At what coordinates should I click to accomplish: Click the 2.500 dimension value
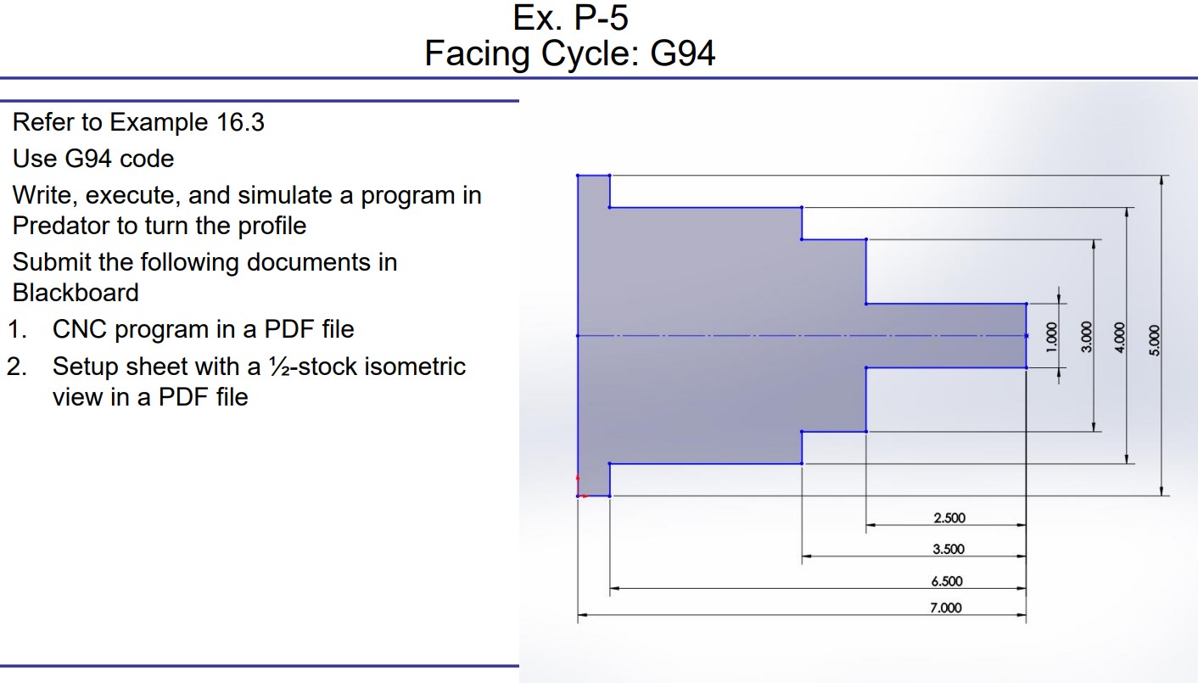point(949,518)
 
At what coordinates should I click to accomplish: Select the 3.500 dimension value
point(949,550)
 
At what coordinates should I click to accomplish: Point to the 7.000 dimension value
point(947,607)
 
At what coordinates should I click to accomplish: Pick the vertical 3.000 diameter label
point(1086,335)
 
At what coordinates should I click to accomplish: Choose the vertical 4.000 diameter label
point(1118,335)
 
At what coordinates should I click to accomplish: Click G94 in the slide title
point(682,54)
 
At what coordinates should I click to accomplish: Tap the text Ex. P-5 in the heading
point(570,18)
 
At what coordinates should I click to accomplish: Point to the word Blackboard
point(76,293)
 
